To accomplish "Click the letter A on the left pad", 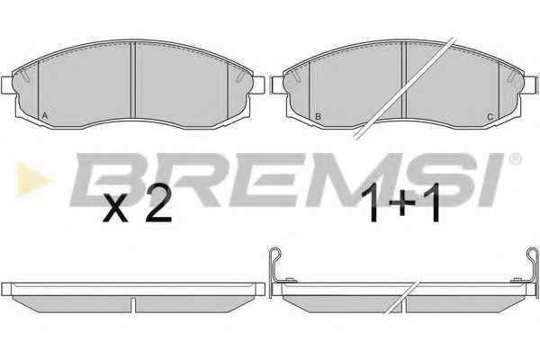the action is [x=44, y=116].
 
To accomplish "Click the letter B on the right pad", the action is [x=318, y=116].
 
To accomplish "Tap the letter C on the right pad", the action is [x=490, y=117].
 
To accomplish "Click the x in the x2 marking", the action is [x=115, y=208].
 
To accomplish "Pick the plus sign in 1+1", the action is [x=402, y=204].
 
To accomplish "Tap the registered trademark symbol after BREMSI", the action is [x=515, y=159].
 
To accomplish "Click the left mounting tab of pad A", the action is [x=7, y=85].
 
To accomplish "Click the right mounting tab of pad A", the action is [x=259, y=85].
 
